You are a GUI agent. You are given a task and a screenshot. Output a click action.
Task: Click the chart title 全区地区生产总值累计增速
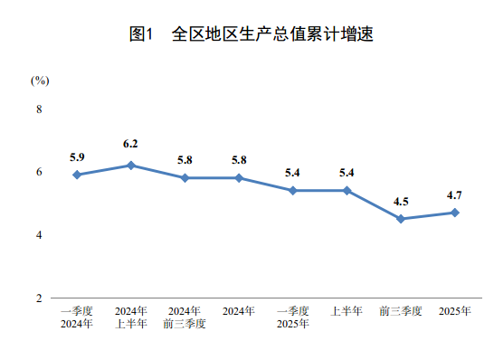252,35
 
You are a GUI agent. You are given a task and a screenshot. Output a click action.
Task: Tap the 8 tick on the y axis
39,109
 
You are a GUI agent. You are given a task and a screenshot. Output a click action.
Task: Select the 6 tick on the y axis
39,172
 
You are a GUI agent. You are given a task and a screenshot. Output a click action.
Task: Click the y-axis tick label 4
39,235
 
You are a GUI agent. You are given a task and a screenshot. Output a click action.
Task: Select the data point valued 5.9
77,175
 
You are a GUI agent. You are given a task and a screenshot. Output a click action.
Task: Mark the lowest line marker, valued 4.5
401,219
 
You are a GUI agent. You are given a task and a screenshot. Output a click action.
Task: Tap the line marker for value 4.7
454,213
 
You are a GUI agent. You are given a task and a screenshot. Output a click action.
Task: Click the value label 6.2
130,144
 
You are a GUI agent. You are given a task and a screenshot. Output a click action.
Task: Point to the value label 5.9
77,156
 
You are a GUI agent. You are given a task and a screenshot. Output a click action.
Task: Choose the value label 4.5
401,201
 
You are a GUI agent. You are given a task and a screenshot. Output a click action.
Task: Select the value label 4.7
454,194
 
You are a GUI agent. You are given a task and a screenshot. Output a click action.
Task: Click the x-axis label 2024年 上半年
130,317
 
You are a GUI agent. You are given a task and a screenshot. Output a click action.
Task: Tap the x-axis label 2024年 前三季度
185,317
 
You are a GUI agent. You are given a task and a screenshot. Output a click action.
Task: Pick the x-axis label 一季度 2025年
292,317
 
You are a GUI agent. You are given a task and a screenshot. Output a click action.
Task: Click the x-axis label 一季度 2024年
77,317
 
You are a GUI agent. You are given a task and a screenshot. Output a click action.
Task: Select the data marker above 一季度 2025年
292,191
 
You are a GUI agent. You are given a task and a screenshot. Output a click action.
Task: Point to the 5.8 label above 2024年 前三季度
185,160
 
